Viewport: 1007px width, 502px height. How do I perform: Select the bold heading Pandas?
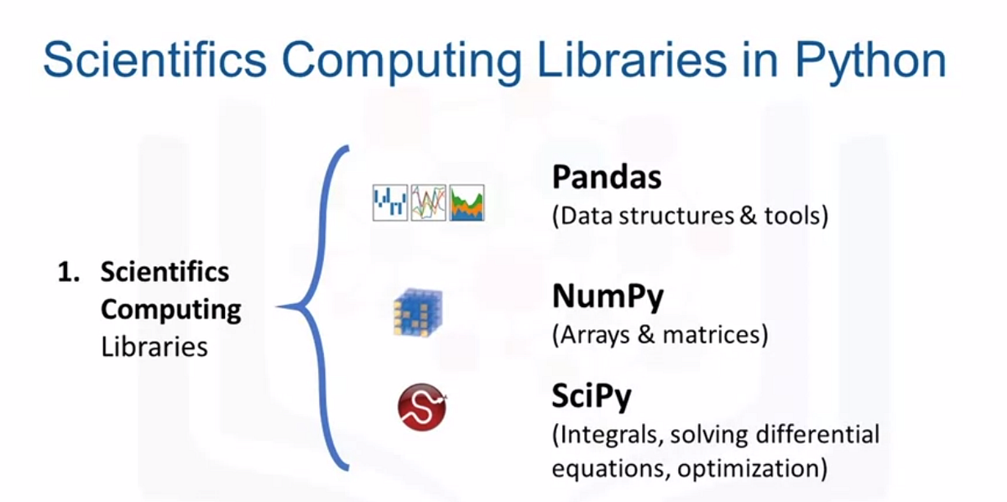pos(607,177)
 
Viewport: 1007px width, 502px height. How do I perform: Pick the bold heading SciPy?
pos(592,396)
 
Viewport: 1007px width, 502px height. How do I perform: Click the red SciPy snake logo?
pos(421,408)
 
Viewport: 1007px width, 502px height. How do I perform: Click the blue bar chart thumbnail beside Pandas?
pos(390,204)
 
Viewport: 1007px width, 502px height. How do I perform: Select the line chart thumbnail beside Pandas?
pos(428,204)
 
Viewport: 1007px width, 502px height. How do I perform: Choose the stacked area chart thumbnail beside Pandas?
pos(467,204)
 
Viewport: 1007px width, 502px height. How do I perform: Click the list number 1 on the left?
pos(67,273)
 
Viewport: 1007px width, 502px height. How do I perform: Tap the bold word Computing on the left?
pos(170,309)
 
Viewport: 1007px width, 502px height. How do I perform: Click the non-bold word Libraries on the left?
pos(154,346)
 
